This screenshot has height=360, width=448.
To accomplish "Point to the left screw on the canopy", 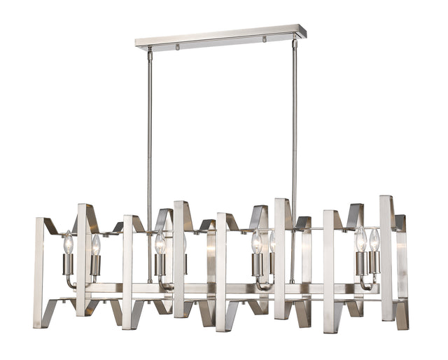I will pyautogui.click(x=177, y=47).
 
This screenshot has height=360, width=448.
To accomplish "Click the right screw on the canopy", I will pyautogui.click(x=265, y=40).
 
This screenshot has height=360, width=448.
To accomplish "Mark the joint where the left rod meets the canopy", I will pyautogui.click(x=149, y=50).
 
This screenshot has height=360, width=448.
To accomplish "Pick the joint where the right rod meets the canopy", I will pyautogui.click(x=295, y=43).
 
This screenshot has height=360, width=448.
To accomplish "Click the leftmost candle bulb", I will pyautogui.click(x=69, y=243).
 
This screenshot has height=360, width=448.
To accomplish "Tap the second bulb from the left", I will pyautogui.click(x=95, y=244).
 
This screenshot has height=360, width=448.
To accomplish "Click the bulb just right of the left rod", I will pyautogui.click(x=160, y=243).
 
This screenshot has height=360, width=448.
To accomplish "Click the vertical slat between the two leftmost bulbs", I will pyautogui.click(x=83, y=259).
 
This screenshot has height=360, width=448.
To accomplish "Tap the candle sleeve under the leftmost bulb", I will pyautogui.click(x=68, y=264).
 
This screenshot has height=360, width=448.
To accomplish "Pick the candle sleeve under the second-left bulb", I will pyautogui.click(x=95, y=265).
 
